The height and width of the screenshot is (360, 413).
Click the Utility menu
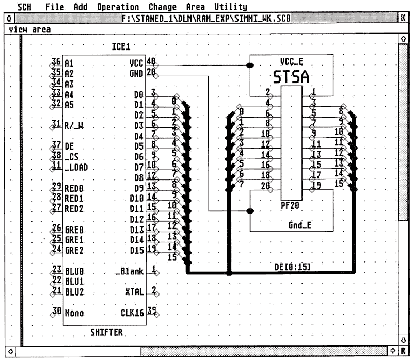point(230,7)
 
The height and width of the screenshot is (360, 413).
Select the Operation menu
point(118,7)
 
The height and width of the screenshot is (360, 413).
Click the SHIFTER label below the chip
point(106,333)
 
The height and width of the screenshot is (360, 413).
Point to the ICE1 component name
point(121,47)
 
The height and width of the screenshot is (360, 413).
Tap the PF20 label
point(291,205)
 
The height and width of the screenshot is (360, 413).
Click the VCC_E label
point(291,61)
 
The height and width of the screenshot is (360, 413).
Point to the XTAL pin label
point(134,292)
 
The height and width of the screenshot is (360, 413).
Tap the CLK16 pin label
point(131,313)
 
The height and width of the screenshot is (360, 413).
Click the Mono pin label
point(74,313)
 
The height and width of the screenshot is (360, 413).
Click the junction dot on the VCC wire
point(250,65)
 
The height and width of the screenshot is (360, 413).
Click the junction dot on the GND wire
point(250,211)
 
